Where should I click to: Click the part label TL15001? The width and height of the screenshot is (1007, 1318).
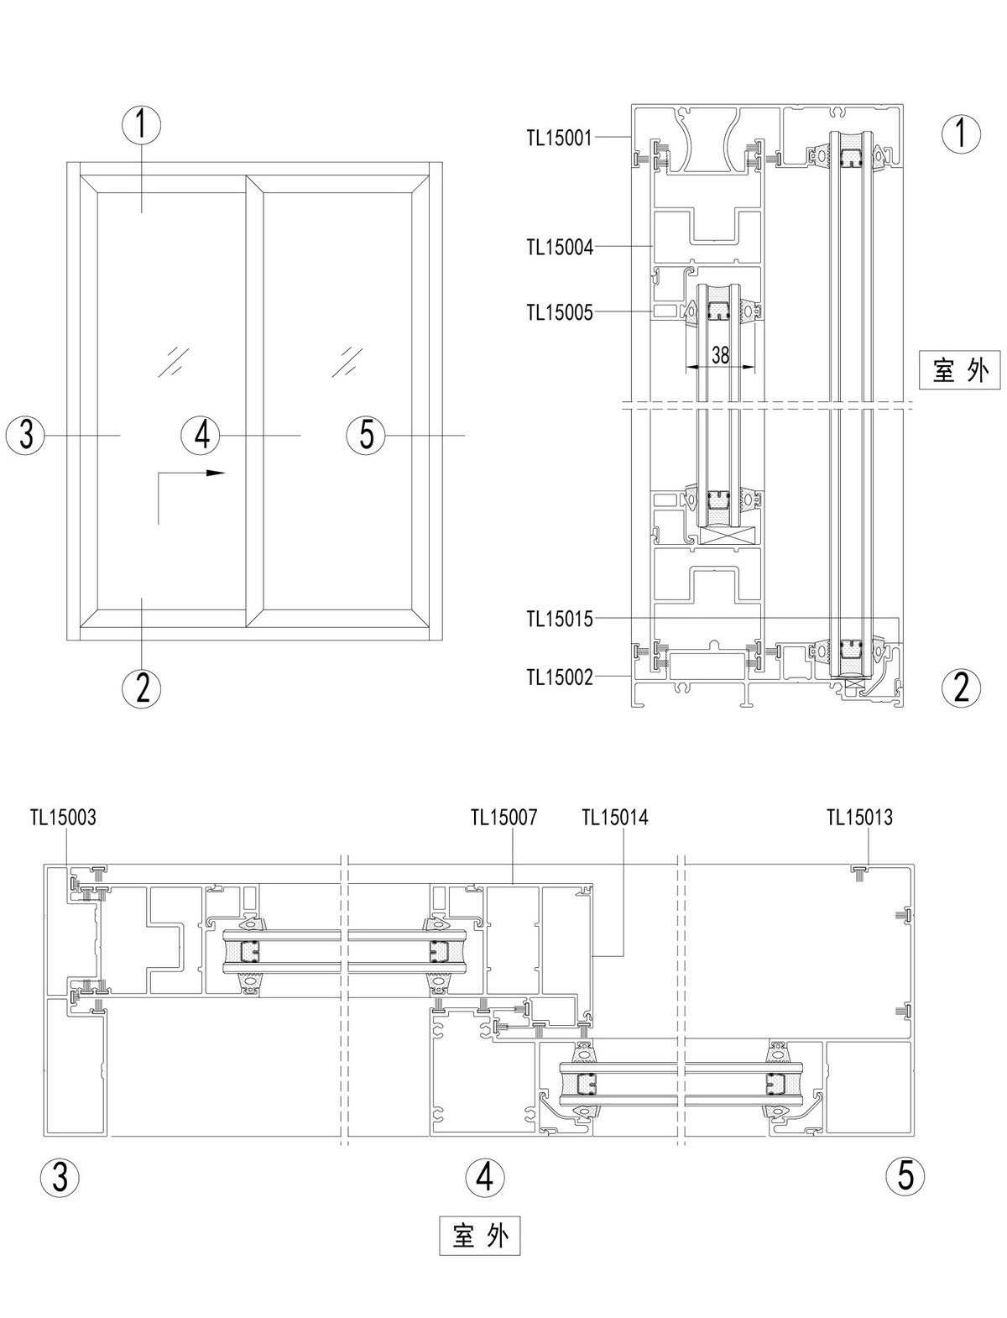[x=560, y=139]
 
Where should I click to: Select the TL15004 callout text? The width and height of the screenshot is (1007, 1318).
[x=560, y=247]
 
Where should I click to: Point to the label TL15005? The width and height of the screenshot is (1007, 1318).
[x=560, y=312]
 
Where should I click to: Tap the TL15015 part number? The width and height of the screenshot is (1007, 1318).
[x=560, y=619]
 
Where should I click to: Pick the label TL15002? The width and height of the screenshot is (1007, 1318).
[x=560, y=677]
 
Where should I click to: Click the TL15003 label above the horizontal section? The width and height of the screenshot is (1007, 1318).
[x=63, y=817]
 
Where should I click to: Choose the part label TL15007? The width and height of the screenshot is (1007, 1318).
[x=503, y=817]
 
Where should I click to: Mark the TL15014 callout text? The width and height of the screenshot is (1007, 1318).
[x=614, y=817]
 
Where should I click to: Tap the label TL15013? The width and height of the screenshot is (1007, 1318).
[x=859, y=817]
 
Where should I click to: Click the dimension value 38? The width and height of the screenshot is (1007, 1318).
[x=720, y=355]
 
